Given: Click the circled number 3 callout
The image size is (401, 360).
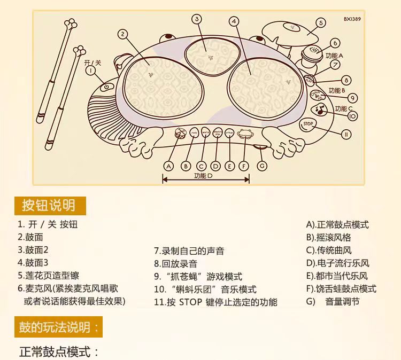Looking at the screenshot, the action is coord(197,19).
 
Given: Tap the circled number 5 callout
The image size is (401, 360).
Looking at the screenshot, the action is coord(320,22).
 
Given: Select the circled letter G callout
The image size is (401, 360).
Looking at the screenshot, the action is coord(261,165).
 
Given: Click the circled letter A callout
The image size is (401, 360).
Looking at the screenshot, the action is coord(169,165).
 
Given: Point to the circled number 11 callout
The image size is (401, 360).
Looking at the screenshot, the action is coord(346,134).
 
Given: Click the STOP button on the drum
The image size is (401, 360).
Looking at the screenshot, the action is coord(307,124).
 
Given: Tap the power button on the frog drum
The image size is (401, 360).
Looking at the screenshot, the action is coord(106,86).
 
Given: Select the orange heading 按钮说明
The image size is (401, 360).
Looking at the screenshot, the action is coord(48,205).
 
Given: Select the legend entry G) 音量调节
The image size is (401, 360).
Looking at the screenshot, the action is coord(333,302).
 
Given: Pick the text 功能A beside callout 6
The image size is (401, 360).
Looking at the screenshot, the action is coord(334,55).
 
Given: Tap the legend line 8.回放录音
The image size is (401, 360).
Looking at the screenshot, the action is coord(175,263).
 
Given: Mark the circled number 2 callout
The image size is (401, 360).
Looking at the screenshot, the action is coord(123,34).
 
